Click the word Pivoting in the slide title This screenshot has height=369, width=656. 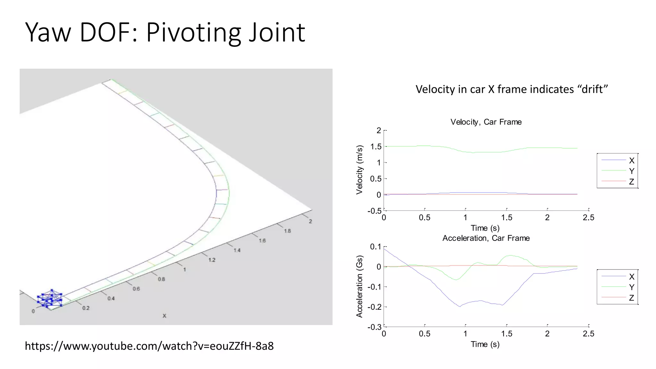(x=194, y=33)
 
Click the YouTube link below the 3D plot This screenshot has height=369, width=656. (x=149, y=346)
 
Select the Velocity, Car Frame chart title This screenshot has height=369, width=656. (x=486, y=122)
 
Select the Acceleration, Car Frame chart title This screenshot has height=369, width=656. (x=486, y=238)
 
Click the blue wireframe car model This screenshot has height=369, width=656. (x=50, y=299)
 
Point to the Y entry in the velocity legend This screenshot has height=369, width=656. (x=631, y=171)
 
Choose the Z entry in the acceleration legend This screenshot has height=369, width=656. (x=631, y=298)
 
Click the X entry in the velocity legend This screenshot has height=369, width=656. (x=631, y=160)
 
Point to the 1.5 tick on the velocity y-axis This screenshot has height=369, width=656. (x=376, y=147)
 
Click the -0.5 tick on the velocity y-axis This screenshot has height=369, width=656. (x=374, y=211)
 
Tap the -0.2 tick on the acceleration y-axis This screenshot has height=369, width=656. (x=374, y=307)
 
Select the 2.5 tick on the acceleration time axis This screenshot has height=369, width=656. (x=588, y=334)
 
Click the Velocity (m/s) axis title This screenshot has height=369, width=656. (x=359, y=170)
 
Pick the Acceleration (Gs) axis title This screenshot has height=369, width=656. (x=359, y=286)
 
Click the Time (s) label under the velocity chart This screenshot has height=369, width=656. (x=485, y=228)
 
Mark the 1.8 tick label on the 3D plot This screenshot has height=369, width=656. (x=287, y=231)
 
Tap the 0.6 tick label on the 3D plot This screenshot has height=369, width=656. (x=136, y=289)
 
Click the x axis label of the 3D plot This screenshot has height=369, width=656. (x=164, y=316)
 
